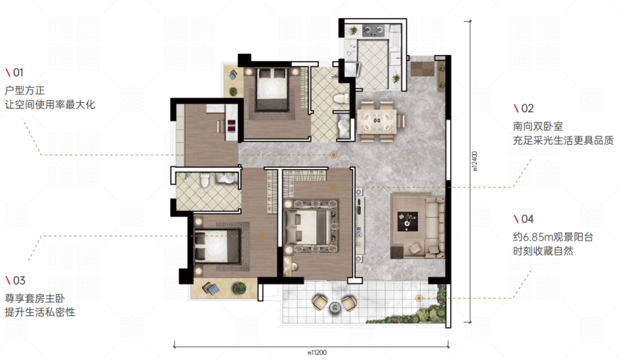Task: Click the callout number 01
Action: tap(19, 72)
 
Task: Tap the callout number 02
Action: tap(527, 108)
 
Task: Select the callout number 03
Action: tap(19, 280)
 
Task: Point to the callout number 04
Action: tap(527, 218)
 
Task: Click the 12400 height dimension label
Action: tap(474, 161)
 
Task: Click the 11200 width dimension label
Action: tap(317, 352)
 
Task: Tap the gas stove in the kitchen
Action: tap(374, 30)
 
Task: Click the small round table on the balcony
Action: tap(335, 306)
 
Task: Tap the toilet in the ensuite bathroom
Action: tap(205, 180)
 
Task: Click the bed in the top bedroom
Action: tap(272, 89)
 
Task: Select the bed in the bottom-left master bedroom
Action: tap(217, 247)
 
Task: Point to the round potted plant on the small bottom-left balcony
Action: tap(239, 287)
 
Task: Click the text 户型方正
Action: tap(25, 90)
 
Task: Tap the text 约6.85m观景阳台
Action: tap(553, 237)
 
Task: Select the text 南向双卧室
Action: tap(538, 126)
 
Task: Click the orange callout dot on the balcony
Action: tap(419, 298)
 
